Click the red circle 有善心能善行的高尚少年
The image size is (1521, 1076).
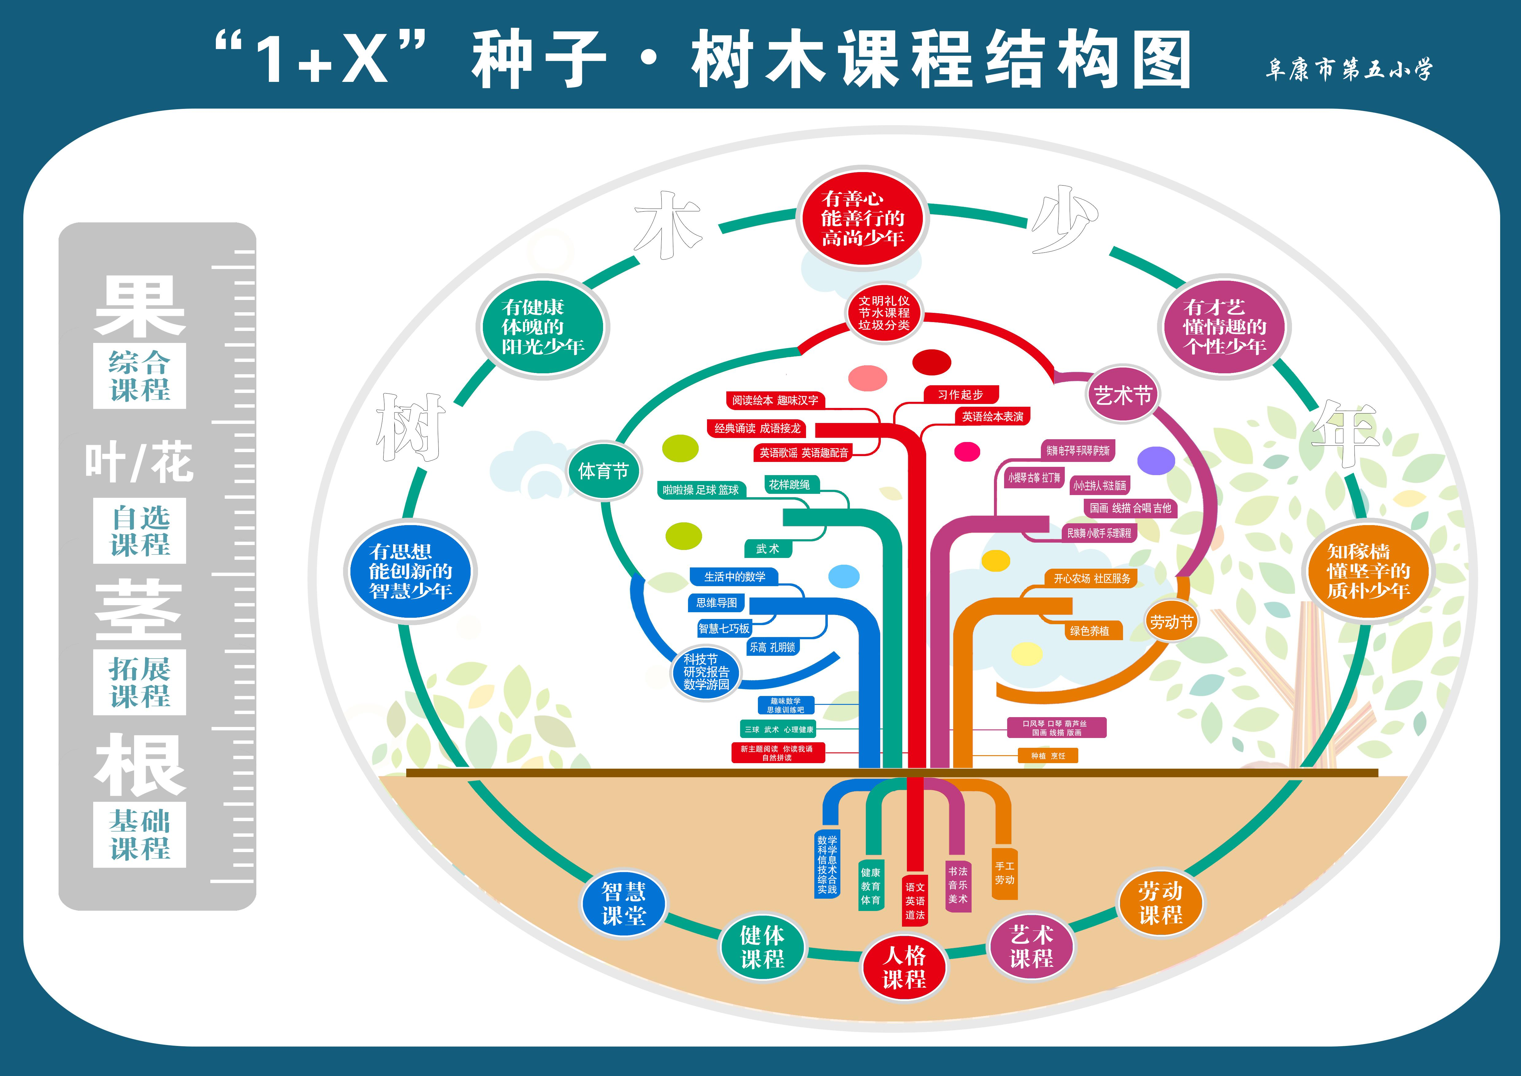pos(862,218)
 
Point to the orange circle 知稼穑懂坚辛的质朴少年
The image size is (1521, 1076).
pos(1368,571)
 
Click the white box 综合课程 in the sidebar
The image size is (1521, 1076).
pos(140,376)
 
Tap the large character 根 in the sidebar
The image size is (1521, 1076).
pos(140,765)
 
